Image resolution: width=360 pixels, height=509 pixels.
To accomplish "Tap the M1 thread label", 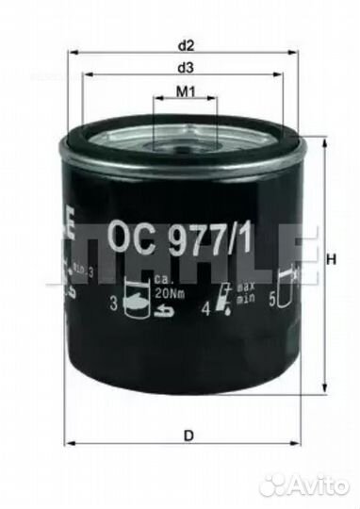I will [x=186, y=91].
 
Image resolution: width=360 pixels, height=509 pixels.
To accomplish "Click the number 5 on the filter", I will [x=273, y=303].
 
